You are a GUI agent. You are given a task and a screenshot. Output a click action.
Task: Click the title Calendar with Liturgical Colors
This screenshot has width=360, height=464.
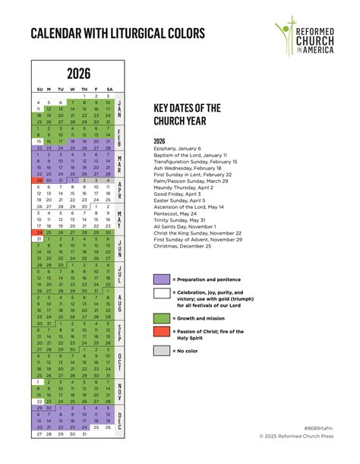click(x=118, y=33)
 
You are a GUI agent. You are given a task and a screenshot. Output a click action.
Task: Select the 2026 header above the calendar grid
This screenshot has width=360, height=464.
click(x=78, y=74)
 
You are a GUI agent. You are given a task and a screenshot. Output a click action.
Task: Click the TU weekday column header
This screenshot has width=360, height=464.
click(x=61, y=89)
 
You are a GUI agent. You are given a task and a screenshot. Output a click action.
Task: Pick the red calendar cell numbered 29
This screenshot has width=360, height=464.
click(x=38, y=181)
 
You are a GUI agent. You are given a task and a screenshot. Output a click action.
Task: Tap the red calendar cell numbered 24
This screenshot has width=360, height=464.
click(x=38, y=232)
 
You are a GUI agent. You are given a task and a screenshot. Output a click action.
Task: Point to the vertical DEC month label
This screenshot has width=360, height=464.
click(x=119, y=421)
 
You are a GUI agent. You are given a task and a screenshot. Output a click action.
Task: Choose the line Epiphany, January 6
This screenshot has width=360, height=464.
click(x=178, y=149)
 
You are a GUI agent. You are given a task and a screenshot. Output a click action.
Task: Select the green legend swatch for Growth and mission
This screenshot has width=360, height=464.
click(x=161, y=318)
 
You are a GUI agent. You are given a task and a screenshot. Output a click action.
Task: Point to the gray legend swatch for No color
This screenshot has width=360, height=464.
click(x=161, y=351)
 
